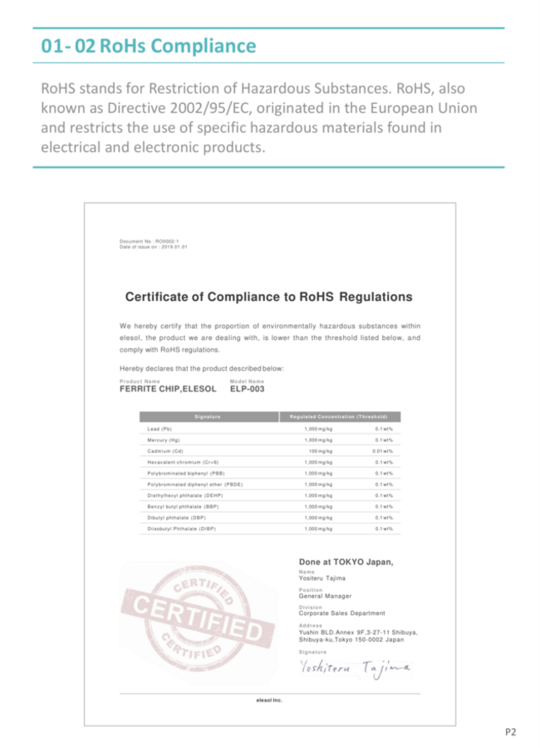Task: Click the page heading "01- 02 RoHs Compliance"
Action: click(149, 46)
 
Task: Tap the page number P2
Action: click(511, 731)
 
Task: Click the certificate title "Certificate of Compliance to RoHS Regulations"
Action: click(268, 297)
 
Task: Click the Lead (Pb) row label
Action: click(160, 428)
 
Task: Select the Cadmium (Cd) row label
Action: click(165, 450)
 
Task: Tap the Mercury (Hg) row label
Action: click(164, 439)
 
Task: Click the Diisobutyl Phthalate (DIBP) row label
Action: click(183, 529)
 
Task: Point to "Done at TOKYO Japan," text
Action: click(346, 562)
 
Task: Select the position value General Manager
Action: click(325, 596)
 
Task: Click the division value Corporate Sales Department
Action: click(341, 613)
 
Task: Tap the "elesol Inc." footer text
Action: click(269, 700)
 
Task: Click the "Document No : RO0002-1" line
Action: click(150, 241)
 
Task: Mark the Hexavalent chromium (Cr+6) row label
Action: click(183, 461)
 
